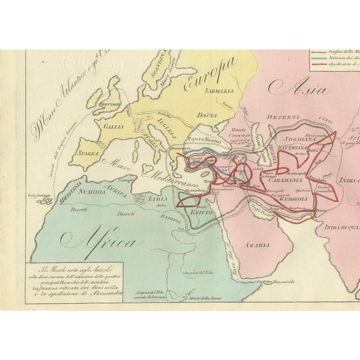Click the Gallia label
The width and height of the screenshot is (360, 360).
point(112,127)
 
